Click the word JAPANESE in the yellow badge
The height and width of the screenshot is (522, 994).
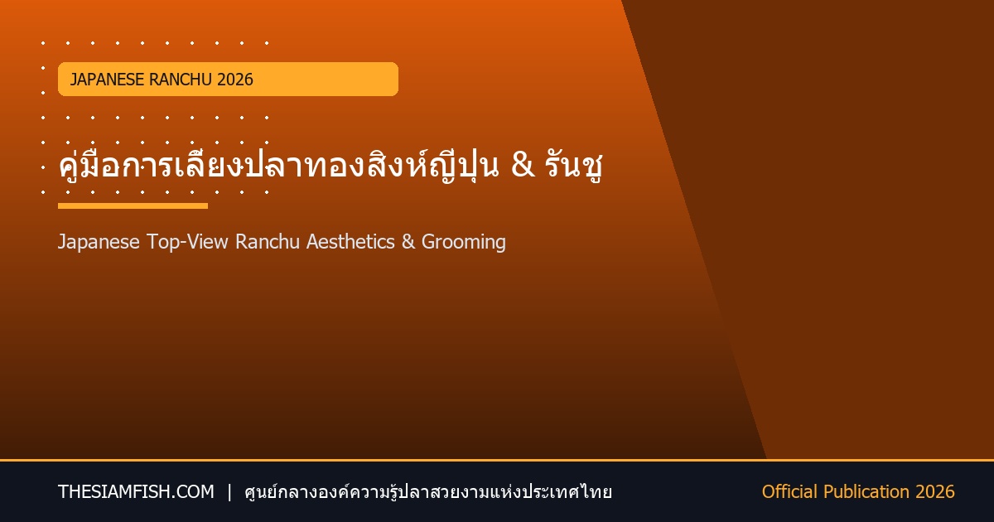coord(107,80)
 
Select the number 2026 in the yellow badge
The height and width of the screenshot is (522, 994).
coord(235,80)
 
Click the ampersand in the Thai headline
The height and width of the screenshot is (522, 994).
coord(523,165)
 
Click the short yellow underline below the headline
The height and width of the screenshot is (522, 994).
coord(133,206)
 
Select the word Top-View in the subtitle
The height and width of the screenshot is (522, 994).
coord(187,242)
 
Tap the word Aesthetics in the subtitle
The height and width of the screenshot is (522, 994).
coord(350,242)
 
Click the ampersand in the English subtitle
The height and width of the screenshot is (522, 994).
coord(408,242)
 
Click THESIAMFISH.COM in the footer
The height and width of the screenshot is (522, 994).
coord(136,492)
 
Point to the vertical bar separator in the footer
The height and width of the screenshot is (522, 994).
coord(229,492)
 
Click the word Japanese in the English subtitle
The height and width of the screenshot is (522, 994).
coord(99,242)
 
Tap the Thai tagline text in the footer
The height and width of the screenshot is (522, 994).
coord(428,492)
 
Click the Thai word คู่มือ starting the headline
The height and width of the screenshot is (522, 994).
coord(80,164)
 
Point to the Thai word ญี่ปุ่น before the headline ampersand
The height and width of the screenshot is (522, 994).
coord(465,164)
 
